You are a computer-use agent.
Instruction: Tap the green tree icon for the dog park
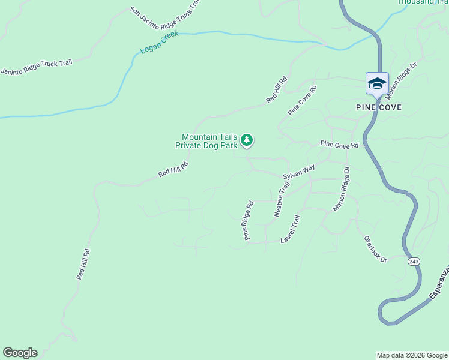[246, 140]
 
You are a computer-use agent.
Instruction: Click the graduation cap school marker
[377, 83]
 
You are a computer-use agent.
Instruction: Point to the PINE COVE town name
[378, 107]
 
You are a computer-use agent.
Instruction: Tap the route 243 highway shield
[413, 262]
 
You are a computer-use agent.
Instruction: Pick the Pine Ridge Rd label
[248, 220]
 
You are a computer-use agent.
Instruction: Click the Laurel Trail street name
[290, 229]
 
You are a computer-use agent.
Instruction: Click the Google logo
[20, 353]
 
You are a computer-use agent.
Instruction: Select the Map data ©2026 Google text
[412, 355]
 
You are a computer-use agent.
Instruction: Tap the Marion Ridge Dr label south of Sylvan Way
[341, 189]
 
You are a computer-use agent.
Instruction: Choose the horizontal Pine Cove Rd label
[339, 145]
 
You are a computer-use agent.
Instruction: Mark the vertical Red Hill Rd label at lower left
[83, 265]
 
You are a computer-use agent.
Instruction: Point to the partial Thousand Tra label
[423, 2]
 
